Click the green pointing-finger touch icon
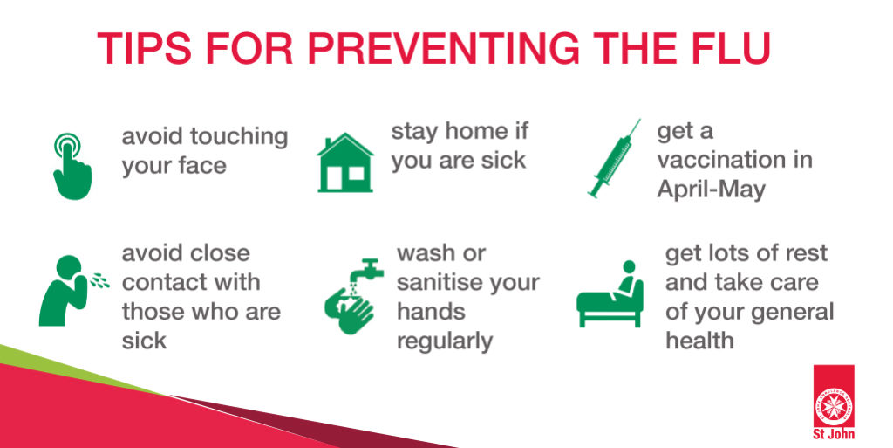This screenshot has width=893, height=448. pos(71,167)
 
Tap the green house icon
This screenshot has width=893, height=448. pos(345,162)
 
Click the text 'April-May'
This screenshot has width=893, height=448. pos(711,190)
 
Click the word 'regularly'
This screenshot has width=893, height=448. pos(445,341)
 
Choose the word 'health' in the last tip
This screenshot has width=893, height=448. pos(699,341)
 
